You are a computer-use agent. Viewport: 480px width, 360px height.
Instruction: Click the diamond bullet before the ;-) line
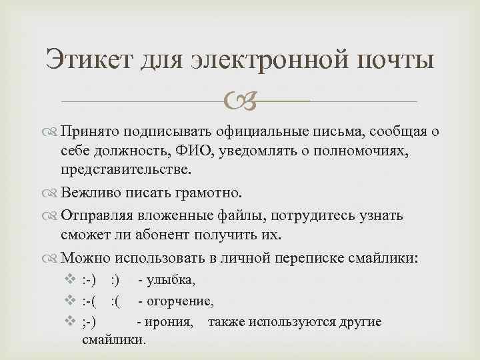click(72, 322)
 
